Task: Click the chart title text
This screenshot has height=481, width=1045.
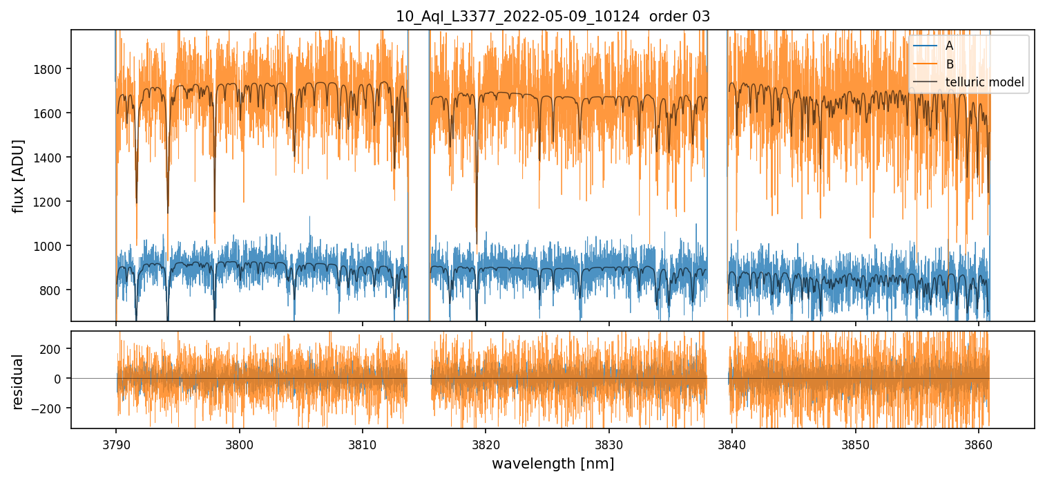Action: [553, 17]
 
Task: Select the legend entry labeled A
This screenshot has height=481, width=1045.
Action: [949, 46]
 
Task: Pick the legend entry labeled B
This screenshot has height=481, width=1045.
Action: [949, 64]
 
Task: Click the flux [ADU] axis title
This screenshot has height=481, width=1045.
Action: [19, 176]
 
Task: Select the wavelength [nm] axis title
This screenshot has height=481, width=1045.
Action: [553, 464]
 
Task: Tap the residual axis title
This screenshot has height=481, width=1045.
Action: [19, 381]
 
